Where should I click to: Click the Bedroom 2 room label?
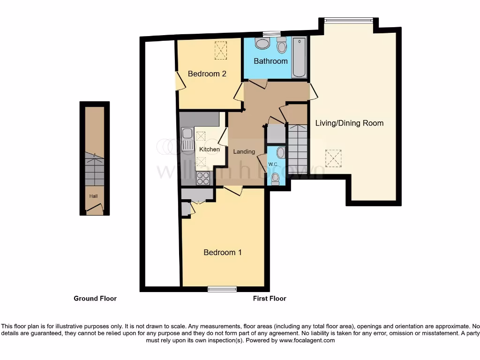[207, 74]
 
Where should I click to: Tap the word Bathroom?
[270, 61]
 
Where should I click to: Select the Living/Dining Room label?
[349, 123]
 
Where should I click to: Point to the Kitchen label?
[210, 149]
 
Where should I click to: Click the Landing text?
[244, 151]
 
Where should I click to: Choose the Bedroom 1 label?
[223, 252]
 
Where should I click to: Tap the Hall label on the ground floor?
[93, 196]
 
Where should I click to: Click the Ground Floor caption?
[95, 298]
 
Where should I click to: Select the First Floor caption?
[270, 298]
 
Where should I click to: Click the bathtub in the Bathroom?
[299, 58]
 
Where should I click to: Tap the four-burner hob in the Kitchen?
[203, 178]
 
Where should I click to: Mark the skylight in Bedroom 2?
[220, 50]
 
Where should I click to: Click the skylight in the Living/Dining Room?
[333, 158]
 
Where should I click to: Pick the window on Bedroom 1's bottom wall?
[222, 289]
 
